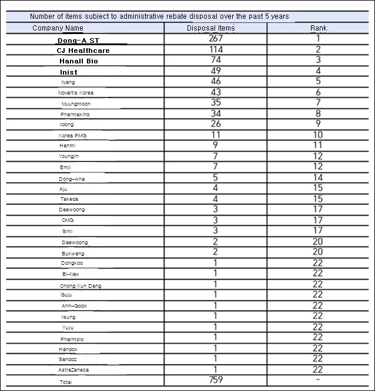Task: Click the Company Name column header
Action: (58, 28)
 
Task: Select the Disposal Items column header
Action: (210, 28)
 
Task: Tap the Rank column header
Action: (318, 28)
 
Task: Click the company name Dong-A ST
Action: (78, 41)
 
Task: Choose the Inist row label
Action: (69, 72)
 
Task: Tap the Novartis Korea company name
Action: (75, 93)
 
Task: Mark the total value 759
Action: (216, 380)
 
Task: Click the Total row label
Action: (65, 382)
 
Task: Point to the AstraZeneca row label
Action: (73, 370)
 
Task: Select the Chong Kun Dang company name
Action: (81, 286)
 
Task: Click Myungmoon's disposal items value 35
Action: (216, 103)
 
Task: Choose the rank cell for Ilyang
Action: (318, 82)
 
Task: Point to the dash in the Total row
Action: (318, 380)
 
